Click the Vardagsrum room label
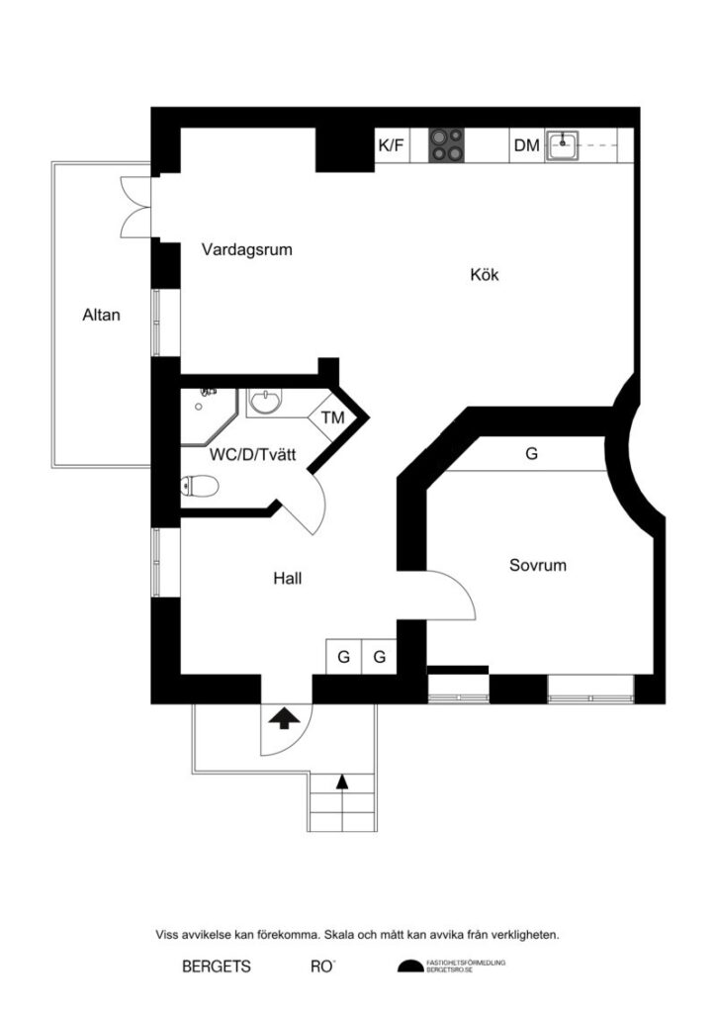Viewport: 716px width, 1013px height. [247, 249]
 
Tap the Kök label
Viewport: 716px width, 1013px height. [485, 275]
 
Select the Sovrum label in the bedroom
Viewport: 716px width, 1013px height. [538, 566]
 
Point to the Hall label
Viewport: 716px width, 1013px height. [287, 579]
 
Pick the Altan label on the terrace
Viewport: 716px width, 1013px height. [101, 317]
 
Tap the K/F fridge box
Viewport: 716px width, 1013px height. [391, 146]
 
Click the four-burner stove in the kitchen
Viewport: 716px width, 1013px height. [446, 145]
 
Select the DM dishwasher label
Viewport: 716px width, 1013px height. [526, 146]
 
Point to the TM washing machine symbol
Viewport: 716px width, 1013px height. [332, 417]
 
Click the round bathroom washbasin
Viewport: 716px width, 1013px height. [264, 402]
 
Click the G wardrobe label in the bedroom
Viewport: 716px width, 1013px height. [531, 454]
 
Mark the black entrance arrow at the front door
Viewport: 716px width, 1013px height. [285, 717]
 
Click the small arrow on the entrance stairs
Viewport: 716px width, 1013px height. [342, 783]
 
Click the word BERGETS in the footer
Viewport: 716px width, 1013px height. [217, 967]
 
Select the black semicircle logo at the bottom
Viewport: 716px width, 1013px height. [409, 967]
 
